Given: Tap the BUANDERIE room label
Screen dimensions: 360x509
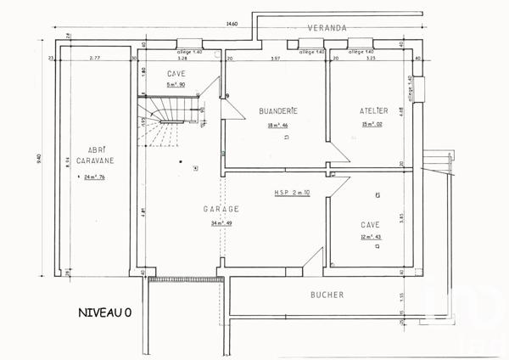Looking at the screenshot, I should click(x=277, y=111).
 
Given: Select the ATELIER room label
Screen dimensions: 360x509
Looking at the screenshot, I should click(x=373, y=111).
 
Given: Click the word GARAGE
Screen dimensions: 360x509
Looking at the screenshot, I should click(x=221, y=209).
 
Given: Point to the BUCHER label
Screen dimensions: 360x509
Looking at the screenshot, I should click(x=327, y=295).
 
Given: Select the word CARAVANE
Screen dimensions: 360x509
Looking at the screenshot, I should click(x=89, y=160).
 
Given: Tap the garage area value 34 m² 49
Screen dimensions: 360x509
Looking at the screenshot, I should click(x=221, y=223).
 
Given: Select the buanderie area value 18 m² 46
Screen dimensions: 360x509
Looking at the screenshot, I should click(x=277, y=126).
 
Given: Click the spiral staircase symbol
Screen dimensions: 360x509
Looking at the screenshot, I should click(x=168, y=119).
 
